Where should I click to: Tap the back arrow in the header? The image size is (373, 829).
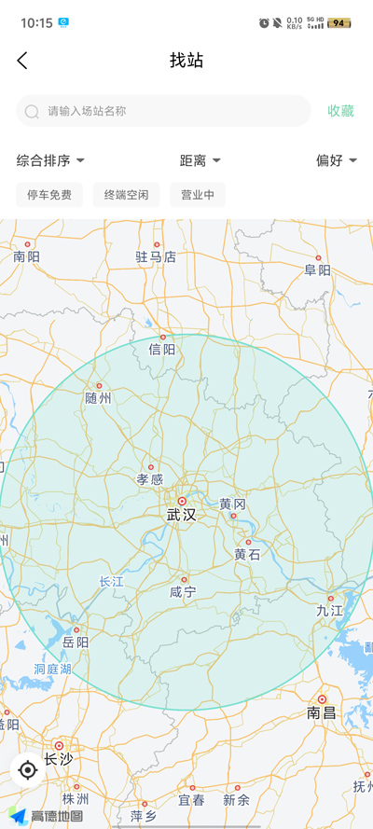[22, 61]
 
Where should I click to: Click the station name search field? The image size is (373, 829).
[163, 111]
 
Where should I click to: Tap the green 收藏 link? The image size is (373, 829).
[340, 111]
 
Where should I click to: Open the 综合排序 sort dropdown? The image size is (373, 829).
[50, 160]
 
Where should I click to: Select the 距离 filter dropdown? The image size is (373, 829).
[200, 160]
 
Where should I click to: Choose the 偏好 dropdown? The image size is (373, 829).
[336, 160]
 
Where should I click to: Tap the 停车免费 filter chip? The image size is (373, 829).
[49, 195]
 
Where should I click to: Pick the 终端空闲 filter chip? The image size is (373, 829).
[126, 195]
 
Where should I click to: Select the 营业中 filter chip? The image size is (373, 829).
[197, 195]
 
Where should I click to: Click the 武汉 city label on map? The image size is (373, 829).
[182, 514]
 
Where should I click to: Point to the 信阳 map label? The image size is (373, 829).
[162, 350]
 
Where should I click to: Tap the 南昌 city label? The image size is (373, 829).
[321, 713]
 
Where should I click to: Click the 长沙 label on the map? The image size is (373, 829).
[58, 759]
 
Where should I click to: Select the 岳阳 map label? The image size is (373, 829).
[76, 642]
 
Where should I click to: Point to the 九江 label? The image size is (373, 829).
[330, 611]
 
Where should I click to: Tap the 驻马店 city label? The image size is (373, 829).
[155, 256]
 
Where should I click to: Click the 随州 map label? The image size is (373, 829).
[98, 398]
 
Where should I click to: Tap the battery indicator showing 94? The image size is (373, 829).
[338, 22]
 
